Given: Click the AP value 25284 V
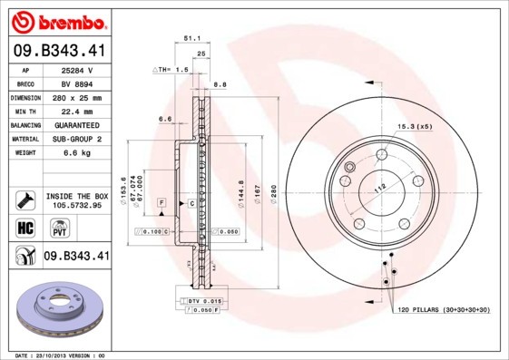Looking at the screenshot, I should coord(75,69).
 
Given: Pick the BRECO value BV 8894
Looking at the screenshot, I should coord(75,83).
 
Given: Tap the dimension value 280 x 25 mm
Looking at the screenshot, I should coord(75,97).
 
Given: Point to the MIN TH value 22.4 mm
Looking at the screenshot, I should coord(75,111).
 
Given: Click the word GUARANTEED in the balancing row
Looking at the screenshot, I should coord(75,124).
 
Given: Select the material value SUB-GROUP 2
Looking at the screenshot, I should coord(75,139).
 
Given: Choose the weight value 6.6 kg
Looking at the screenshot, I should coord(75,152).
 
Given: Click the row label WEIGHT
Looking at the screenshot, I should coord(25,152).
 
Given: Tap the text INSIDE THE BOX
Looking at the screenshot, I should coord(76,196).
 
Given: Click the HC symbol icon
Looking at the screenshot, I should coord(25,227).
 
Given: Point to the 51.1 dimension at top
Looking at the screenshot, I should coord(191,40).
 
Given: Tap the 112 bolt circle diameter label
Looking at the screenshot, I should coord(380,188).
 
